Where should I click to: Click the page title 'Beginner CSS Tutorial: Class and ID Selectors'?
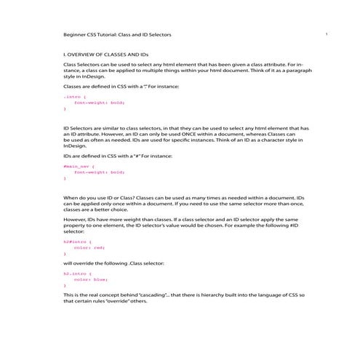click(x=117, y=35)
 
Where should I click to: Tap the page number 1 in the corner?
click(x=327, y=33)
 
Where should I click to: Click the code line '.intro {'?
click(x=72, y=96)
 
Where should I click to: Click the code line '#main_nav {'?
click(x=78, y=167)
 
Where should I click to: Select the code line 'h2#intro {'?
click(x=75, y=241)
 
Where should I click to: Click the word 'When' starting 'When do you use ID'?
click(x=70, y=197)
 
